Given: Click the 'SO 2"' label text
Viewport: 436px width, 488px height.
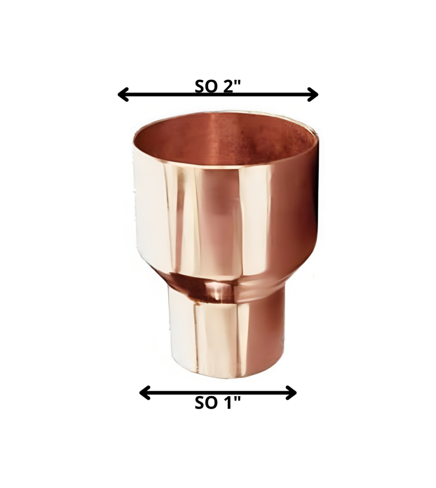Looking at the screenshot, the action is (218, 86).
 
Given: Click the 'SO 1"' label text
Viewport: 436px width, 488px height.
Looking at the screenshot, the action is (218, 404).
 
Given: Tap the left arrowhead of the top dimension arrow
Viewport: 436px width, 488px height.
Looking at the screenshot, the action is (123, 94).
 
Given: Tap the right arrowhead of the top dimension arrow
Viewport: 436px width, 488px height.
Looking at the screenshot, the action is (313, 94).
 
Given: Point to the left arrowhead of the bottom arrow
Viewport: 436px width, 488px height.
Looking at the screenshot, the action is (145, 393).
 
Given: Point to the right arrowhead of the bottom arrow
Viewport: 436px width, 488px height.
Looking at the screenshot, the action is (291, 393).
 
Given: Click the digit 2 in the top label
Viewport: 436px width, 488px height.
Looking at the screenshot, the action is (228, 86).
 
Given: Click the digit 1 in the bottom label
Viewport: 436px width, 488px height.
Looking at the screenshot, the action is (229, 404).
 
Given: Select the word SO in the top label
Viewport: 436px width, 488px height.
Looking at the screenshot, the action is (206, 86).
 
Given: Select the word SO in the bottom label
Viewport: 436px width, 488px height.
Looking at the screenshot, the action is (206, 404).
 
